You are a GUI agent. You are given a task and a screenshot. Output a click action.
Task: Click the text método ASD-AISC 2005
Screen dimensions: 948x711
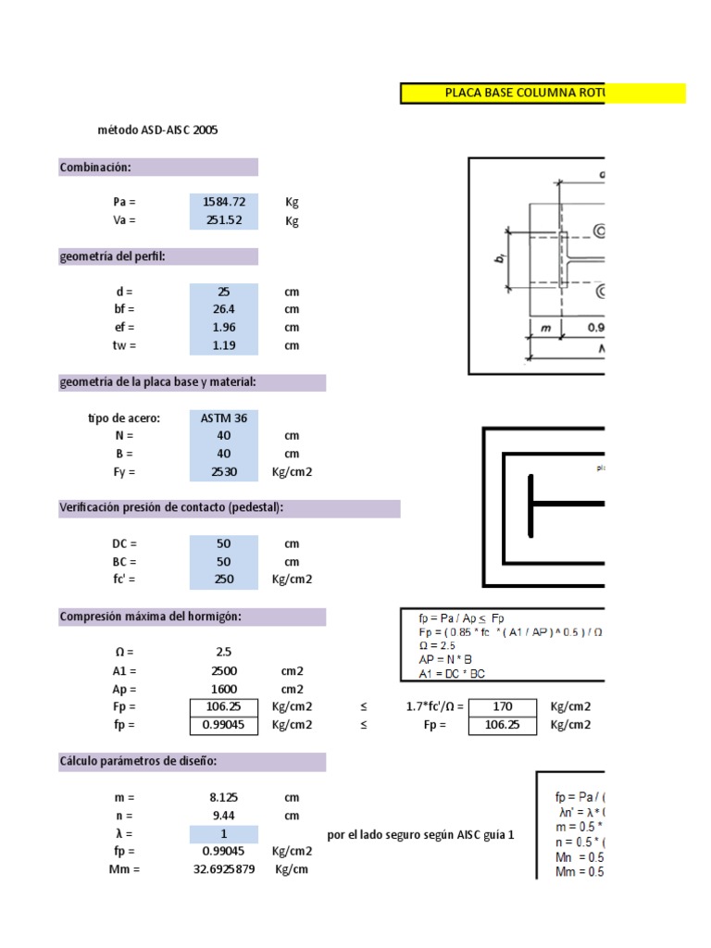point(157,131)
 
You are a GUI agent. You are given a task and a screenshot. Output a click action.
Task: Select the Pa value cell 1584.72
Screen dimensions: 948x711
point(224,202)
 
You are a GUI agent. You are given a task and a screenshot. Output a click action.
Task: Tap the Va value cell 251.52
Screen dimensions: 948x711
point(224,220)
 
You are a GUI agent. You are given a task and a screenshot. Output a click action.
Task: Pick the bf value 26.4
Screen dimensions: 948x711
point(224,309)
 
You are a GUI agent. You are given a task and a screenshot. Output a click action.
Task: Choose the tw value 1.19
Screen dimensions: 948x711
point(224,345)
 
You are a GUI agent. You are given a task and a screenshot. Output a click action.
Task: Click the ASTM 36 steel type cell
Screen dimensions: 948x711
point(224,418)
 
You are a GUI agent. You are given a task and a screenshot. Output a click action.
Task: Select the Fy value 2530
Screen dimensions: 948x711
point(224,472)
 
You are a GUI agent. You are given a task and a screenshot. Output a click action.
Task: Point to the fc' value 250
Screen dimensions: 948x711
point(224,580)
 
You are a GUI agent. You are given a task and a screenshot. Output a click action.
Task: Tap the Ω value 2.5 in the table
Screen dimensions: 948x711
point(224,652)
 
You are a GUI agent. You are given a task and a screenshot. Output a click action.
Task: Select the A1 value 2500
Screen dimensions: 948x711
point(224,670)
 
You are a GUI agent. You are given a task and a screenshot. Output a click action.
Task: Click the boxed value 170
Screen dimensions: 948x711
point(503,707)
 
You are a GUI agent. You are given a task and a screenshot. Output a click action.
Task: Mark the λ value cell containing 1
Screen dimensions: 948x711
point(224,833)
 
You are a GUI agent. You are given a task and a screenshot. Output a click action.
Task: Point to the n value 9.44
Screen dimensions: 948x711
point(224,816)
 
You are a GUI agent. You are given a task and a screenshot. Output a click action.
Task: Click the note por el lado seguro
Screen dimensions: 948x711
point(421,834)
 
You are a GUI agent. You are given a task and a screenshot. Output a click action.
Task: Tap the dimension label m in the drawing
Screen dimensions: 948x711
point(544,326)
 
